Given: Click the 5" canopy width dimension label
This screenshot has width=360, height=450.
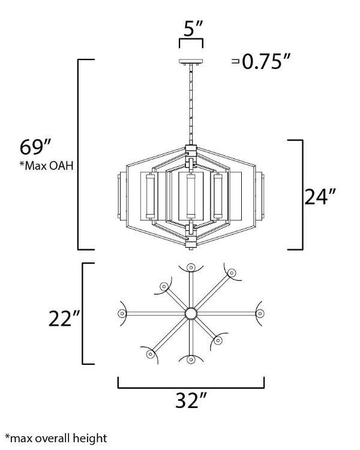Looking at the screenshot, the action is click(x=193, y=28).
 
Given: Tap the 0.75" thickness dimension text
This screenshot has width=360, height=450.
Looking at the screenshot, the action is click(x=266, y=61).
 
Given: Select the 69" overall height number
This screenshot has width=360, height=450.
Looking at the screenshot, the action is click(x=35, y=147).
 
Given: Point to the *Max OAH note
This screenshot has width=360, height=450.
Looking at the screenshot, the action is click(x=47, y=166).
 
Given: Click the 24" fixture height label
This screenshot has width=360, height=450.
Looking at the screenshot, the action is click(x=320, y=197).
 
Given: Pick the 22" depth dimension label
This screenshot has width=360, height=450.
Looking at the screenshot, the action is click(x=64, y=319).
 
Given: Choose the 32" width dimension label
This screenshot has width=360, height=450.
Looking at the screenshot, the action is click(x=191, y=400).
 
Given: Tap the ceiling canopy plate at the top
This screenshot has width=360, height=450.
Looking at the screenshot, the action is click(x=191, y=61).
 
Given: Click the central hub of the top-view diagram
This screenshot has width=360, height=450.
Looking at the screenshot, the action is click(x=191, y=313).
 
